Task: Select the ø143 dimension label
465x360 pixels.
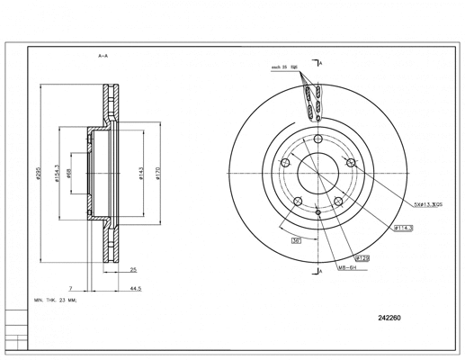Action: (x=143, y=174)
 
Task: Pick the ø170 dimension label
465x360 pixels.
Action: (x=158, y=174)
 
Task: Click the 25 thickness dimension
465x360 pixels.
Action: (x=133, y=269)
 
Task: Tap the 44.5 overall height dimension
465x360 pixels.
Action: (x=136, y=289)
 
